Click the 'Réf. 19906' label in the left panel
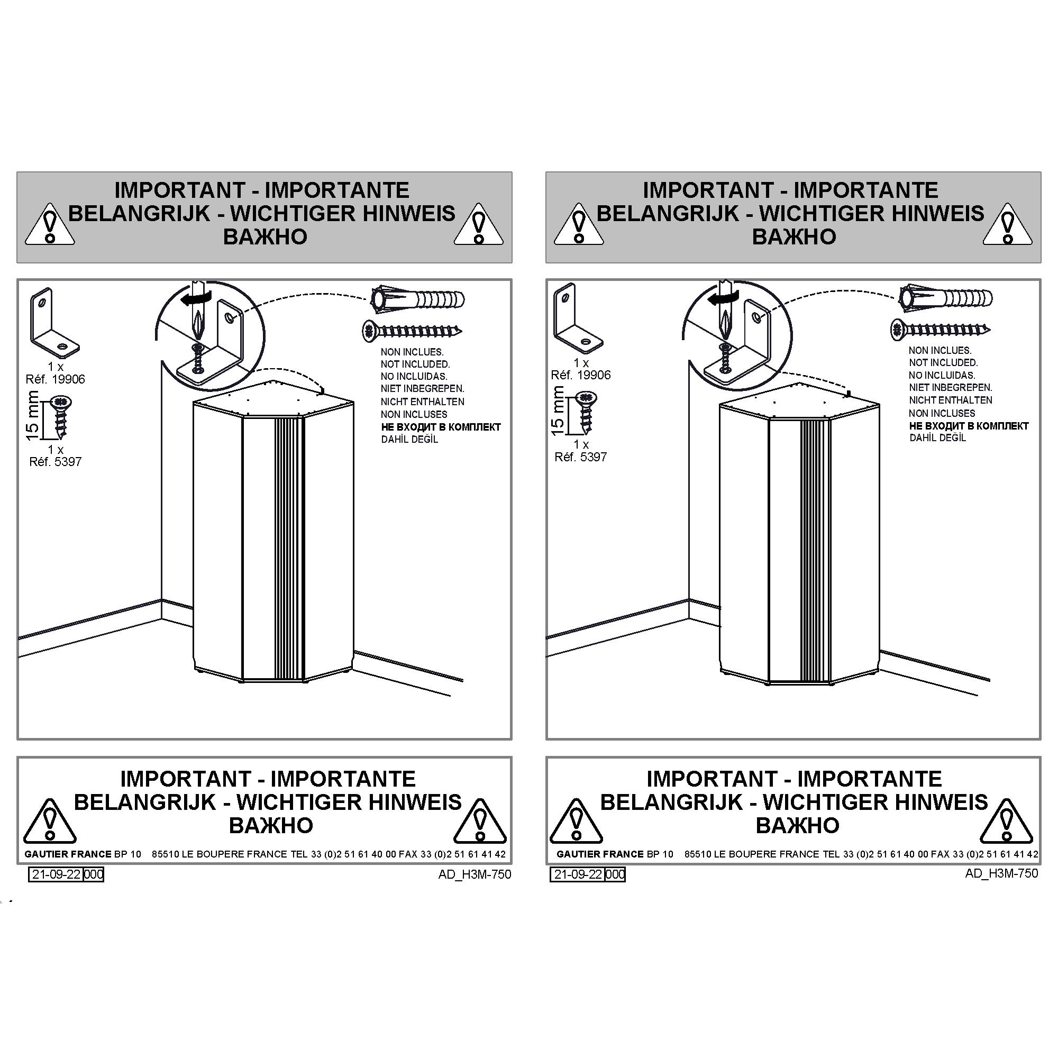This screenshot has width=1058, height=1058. pyautogui.click(x=56, y=379)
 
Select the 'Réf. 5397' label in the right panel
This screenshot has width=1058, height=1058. pyautogui.click(x=580, y=457)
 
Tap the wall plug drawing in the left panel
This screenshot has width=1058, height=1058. pyautogui.click(x=418, y=298)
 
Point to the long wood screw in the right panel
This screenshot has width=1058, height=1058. pyautogui.click(x=940, y=329)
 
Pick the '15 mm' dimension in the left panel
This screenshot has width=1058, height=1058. pyautogui.click(x=33, y=415)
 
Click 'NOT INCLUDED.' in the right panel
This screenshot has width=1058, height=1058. pyautogui.click(x=943, y=362)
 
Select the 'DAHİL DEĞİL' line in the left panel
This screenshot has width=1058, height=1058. pyautogui.click(x=409, y=439)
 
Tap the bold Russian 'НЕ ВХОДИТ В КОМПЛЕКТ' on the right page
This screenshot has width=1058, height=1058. pyautogui.click(x=969, y=425)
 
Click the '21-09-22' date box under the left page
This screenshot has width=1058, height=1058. pyautogui.click(x=56, y=874)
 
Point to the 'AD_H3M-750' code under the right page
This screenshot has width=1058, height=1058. pyautogui.click(x=1001, y=873)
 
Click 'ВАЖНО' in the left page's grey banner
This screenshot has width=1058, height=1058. pyautogui.click(x=265, y=236)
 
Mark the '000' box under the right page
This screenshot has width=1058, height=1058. pyautogui.click(x=615, y=874)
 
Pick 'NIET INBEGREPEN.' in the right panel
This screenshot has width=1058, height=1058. pyautogui.click(x=951, y=387)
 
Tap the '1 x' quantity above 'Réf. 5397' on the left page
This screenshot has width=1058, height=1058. pyautogui.click(x=56, y=450)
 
